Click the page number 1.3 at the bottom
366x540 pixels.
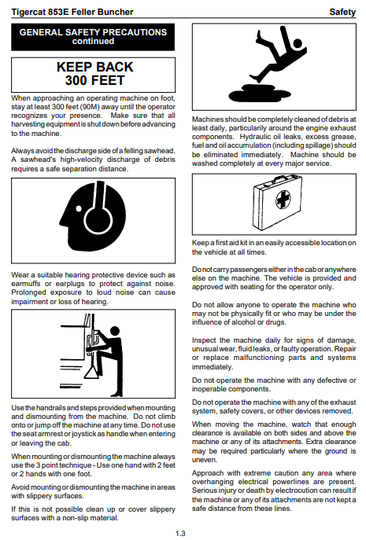point(180,534)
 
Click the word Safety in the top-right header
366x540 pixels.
point(342,12)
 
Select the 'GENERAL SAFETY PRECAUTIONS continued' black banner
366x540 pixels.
point(93,37)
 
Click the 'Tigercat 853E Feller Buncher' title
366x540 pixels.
point(72,12)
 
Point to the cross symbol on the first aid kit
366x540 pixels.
point(283,199)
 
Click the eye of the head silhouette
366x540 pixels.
point(79,208)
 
